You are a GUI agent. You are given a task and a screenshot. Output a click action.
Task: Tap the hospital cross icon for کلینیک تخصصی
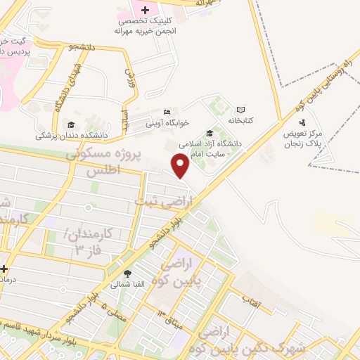tap(146, 10)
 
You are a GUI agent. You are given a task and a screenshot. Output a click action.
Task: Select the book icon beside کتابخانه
tap(241, 110)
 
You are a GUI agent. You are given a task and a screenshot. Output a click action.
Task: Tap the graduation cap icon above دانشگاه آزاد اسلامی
tap(209, 133)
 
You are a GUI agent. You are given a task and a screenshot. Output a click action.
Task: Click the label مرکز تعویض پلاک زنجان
tap(303, 138)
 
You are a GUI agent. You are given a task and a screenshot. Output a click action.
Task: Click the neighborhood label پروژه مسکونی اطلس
tap(104, 162)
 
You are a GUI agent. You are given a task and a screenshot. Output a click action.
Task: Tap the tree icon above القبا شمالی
tap(127, 274)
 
